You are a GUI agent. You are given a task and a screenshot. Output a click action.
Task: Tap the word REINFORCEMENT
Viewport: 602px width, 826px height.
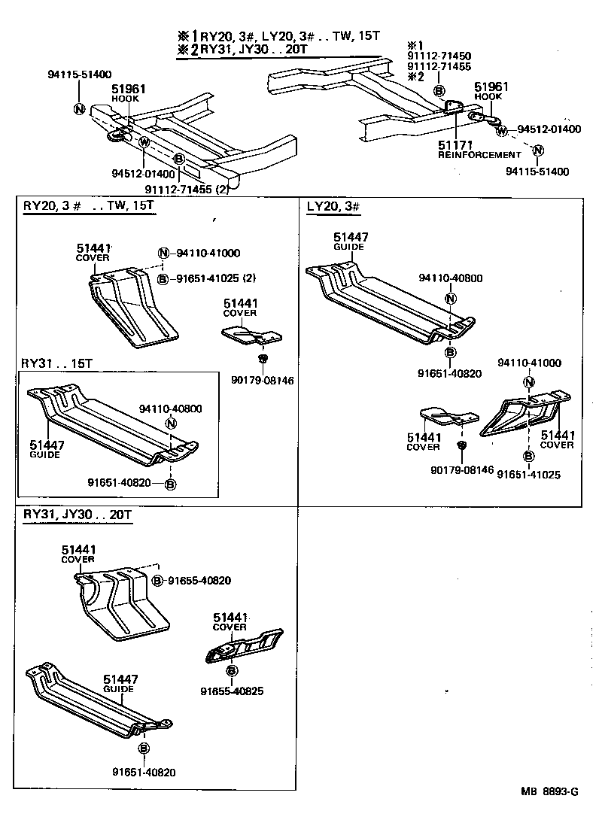[x=479, y=154]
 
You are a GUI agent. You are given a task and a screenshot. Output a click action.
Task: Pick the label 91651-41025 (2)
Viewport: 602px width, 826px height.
[x=217, y=278]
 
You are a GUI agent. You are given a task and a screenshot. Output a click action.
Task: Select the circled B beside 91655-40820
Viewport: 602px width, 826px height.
[x=157, y=580]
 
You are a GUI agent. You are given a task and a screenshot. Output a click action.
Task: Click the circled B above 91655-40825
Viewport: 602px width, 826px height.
[x=232, y=670]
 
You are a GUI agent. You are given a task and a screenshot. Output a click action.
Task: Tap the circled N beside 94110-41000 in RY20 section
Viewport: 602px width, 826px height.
[x=163, y=254]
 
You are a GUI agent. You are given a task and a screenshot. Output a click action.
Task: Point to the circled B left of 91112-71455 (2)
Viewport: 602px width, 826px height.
[x=178, y=159]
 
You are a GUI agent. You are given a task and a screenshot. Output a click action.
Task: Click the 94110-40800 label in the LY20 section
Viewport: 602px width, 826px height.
[x=451, y=278]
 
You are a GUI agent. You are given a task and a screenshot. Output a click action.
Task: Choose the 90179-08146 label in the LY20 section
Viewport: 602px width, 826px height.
[x=462, y=469]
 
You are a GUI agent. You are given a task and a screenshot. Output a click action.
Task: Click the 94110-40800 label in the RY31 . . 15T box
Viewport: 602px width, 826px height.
[x=171, y=409]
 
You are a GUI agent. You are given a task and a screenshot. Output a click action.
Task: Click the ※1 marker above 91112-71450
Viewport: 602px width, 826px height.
[x=416, y=45]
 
